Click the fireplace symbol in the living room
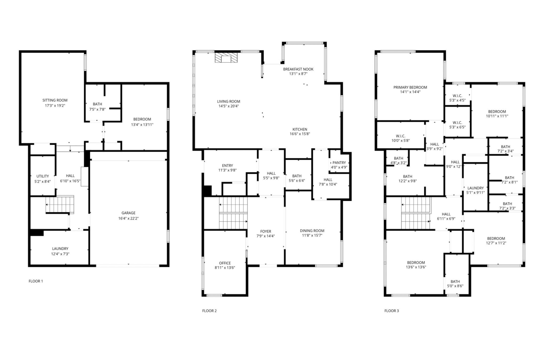coord(226,58)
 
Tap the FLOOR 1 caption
coord(36,281)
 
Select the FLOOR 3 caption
coord(391,311)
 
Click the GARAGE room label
coord(128,213)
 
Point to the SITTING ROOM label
coord(55,100)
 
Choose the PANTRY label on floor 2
coord(339,163)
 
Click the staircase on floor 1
coord(60,205)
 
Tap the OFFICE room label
coord(225,263)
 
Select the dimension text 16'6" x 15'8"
coord(300,134)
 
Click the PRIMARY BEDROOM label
coord(410,88)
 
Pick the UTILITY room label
coord(42,176)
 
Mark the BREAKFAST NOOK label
coord(298,69)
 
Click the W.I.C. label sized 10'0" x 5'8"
coord(400,136)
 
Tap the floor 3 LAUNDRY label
coord(475,188)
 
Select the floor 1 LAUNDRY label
coord(60,248)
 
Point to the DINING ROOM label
coord(312,231)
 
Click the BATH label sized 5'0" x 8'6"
coord(455,282)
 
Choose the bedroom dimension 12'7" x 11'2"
coord(496,243)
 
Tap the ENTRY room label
coord(227,165)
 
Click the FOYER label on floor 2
coord(266,231)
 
